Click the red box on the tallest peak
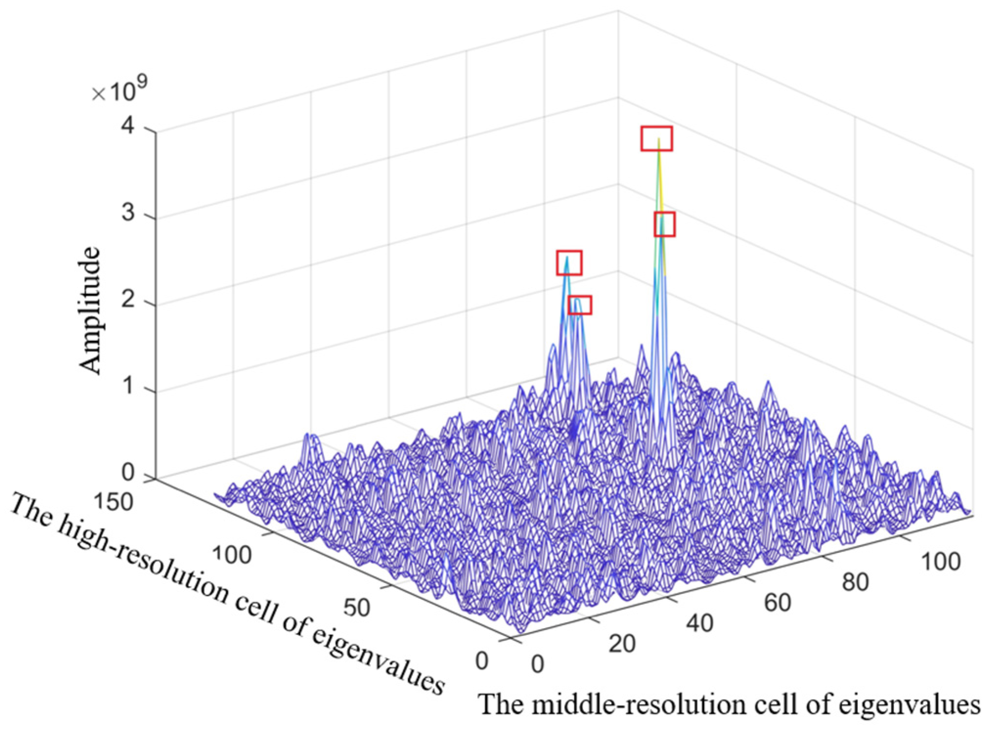656,138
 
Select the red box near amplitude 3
665,224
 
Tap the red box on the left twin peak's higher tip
569,263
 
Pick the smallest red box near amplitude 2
580,305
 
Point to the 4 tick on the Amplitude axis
128,127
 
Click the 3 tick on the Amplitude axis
128,213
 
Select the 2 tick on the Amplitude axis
128,300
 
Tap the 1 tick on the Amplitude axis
128,386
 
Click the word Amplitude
90,311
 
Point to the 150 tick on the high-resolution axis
113,502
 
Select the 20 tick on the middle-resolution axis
622,644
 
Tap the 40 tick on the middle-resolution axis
700,623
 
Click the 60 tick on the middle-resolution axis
778,603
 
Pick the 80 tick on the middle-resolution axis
855,582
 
